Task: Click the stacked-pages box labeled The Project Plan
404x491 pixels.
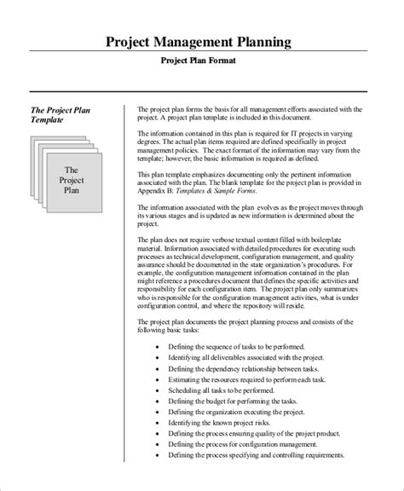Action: click(x=72, y=181)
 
